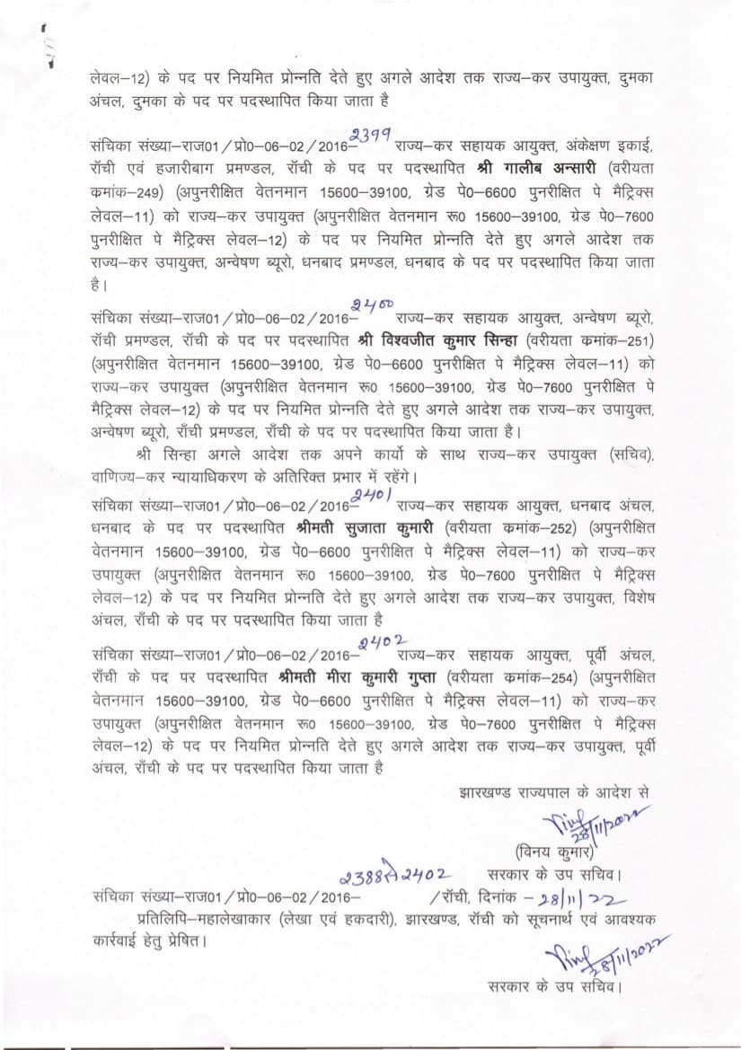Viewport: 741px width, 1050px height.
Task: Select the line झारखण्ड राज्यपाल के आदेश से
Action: coord(554,793)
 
